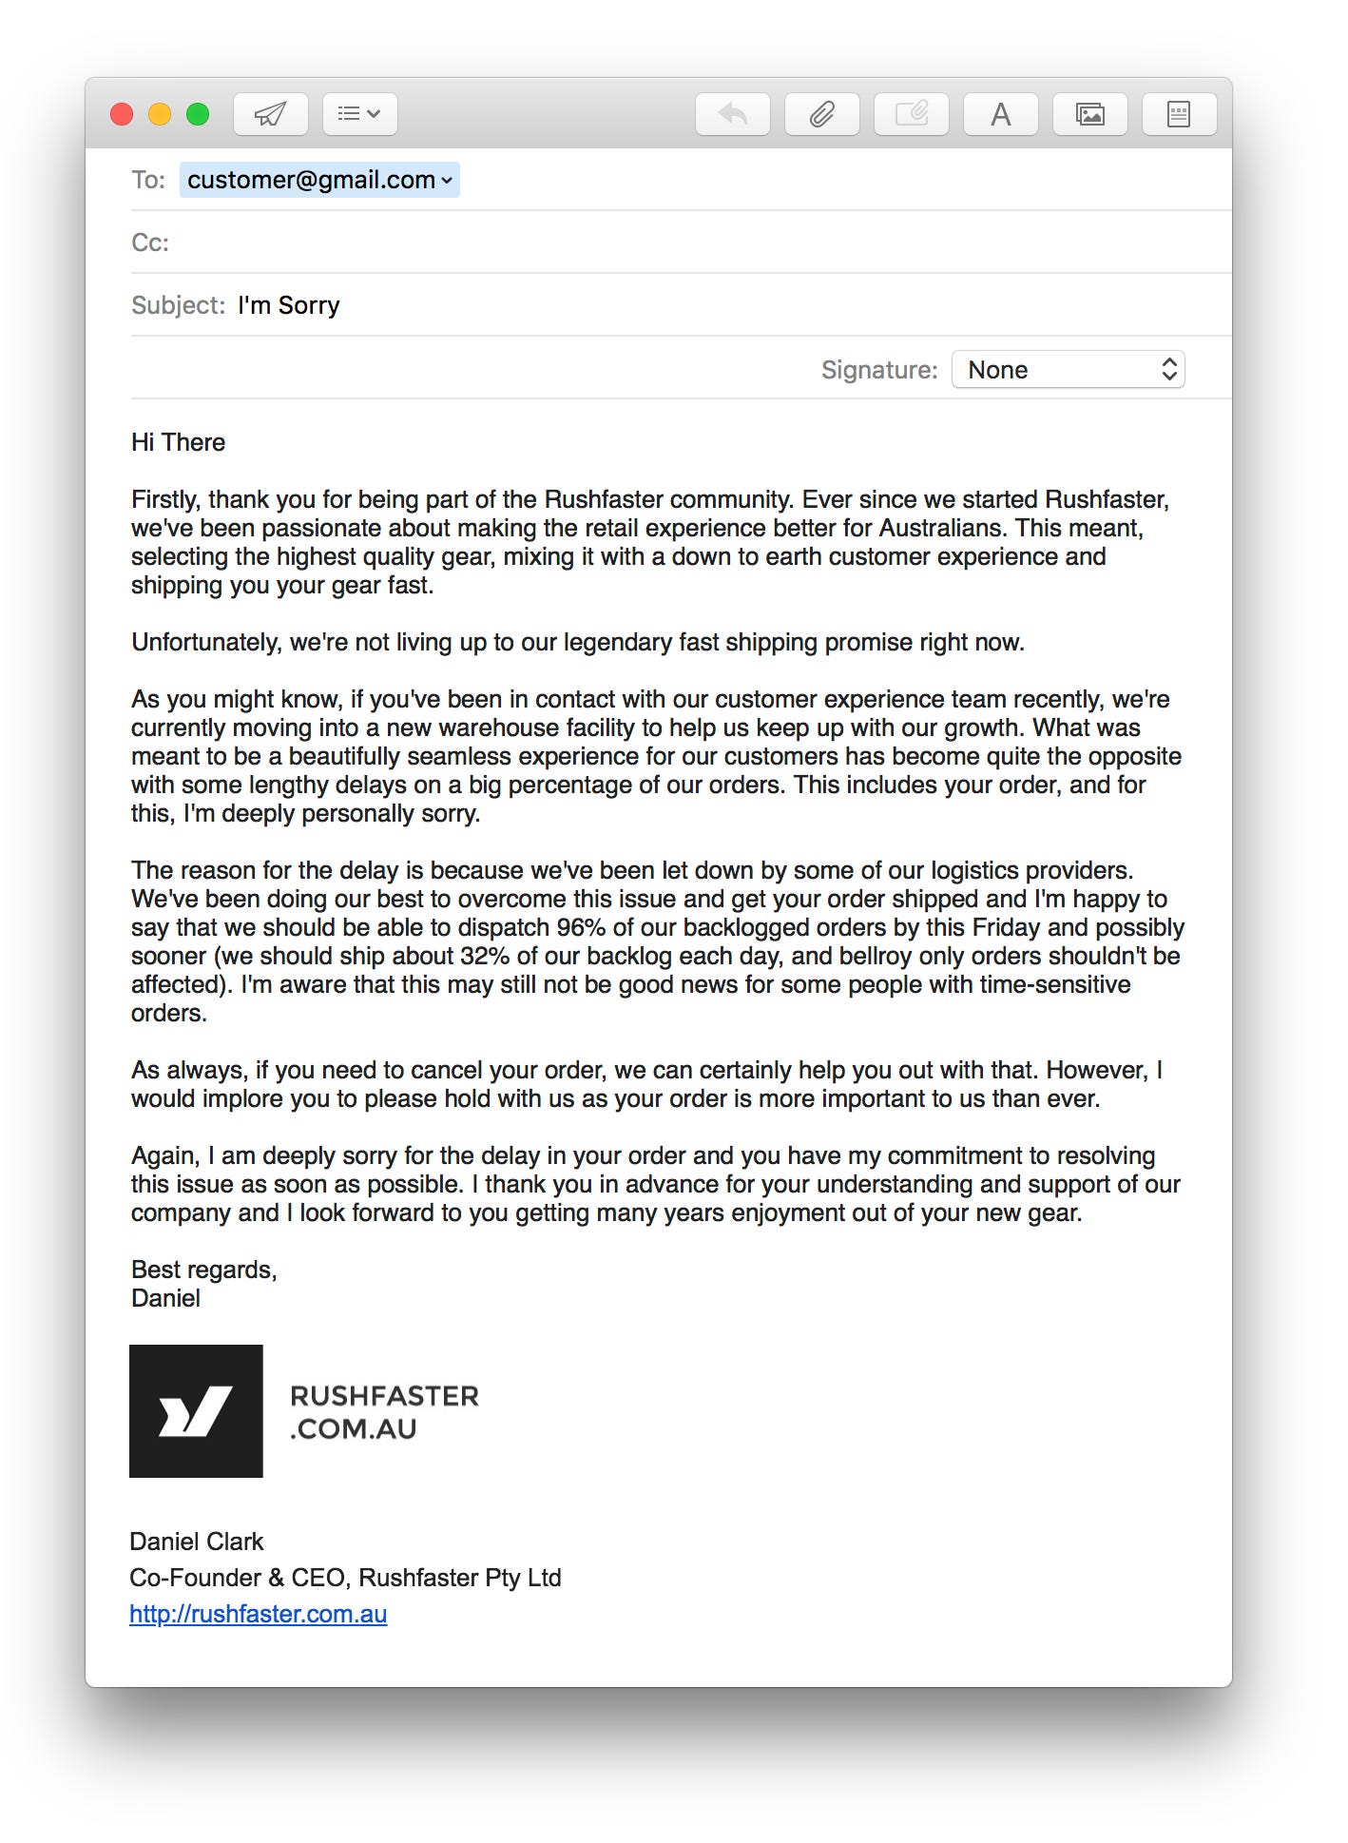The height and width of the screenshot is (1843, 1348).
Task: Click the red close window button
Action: [122, 115]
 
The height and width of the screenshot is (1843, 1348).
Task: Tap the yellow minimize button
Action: [160, 115]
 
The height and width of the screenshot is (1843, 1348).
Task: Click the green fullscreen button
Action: [198, 115]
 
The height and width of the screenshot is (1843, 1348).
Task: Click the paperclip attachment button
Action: [821, 115]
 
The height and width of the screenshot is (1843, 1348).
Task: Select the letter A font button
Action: [1000, 115]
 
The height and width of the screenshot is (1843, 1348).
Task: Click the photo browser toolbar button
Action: [1089, 115]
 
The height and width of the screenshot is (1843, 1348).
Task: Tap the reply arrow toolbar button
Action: [732, 115]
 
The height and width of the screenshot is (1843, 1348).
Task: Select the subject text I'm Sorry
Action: [288, 305]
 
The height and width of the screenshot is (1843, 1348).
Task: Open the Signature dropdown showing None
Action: [1068, 370]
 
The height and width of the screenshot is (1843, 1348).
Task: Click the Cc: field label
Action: [150, 242]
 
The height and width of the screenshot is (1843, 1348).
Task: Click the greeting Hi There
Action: [178, 442]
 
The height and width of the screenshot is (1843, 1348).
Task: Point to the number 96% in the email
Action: [581, 927]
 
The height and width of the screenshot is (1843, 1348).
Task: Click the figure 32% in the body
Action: [485, 956]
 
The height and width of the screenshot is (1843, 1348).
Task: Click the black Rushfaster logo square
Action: [196, 1410]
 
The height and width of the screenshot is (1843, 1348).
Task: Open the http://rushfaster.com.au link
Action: [258, 1614]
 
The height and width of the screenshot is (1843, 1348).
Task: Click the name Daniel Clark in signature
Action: [196, 1542]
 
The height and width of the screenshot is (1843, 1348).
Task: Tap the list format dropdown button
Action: [359, 115]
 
